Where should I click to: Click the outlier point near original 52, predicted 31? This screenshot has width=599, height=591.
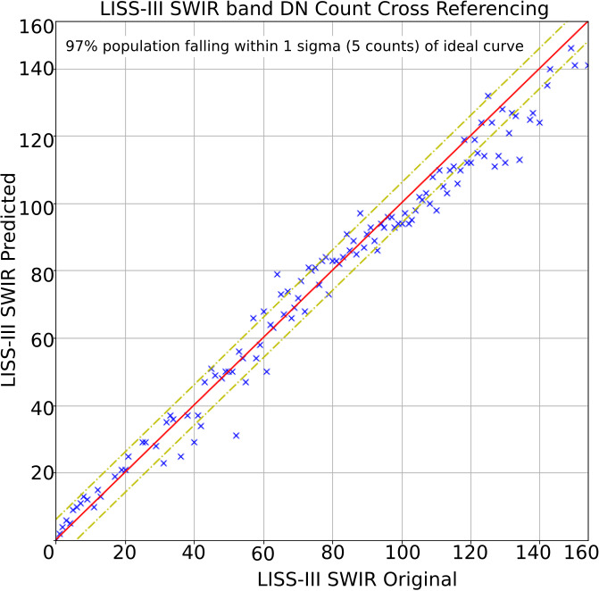click(236, 436)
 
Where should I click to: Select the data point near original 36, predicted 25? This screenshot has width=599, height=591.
click(180, 456)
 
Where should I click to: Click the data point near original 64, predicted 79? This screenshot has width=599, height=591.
click(277, 274)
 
